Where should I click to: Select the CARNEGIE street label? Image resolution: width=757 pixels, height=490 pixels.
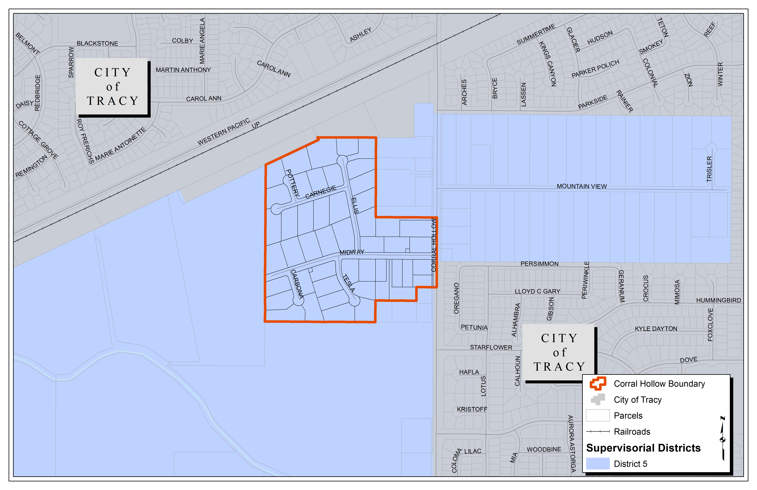pos(321,192)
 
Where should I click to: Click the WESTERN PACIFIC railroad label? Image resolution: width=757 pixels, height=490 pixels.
pos(223,132)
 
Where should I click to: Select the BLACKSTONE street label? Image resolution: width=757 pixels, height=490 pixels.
pos(97,44)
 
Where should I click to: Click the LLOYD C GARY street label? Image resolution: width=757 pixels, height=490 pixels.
pos(537,291)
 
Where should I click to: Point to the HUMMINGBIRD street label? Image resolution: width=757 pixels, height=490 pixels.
pos(718,300)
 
